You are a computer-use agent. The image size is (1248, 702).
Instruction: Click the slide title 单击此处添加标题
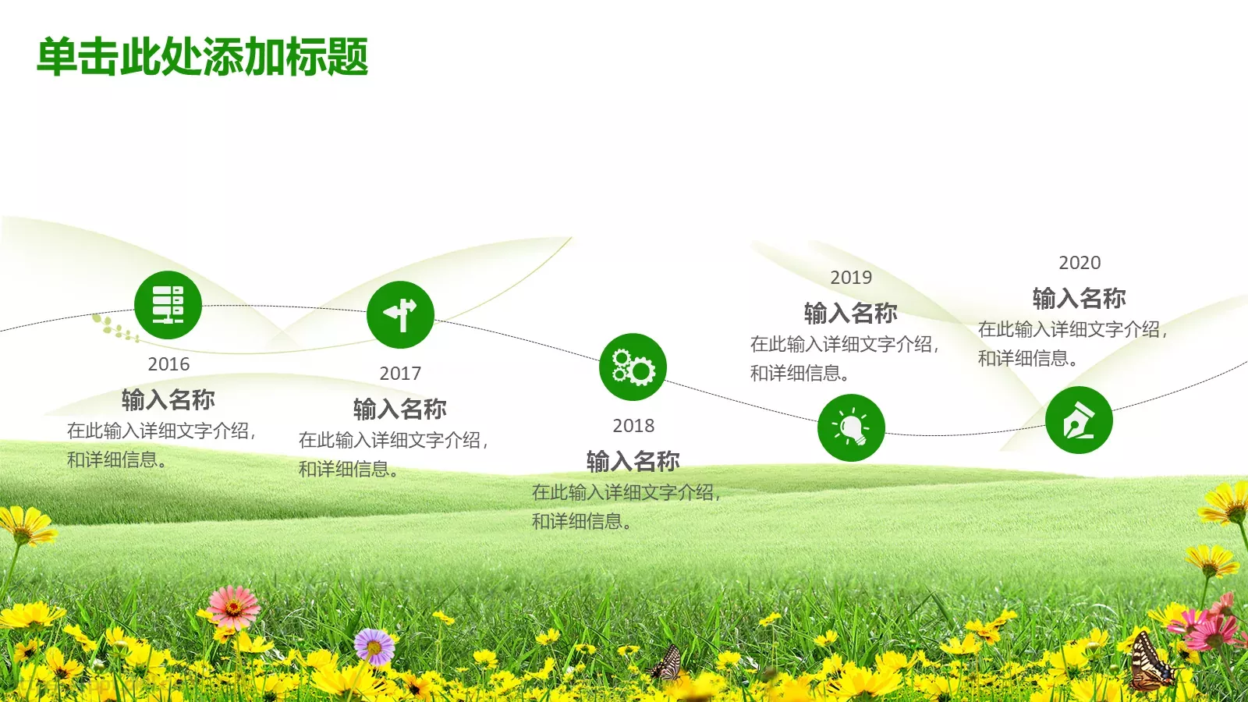click(202, 56)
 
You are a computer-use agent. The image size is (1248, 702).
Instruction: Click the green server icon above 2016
click(168, 305)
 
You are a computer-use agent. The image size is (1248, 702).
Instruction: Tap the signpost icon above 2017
click(400, 315)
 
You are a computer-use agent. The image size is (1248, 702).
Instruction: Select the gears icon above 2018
click(633, 367)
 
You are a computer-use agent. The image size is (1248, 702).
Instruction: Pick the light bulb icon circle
click(851, 427)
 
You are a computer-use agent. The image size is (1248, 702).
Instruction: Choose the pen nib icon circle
click(1079, 420)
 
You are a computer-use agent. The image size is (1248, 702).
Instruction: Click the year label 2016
click(168, 363)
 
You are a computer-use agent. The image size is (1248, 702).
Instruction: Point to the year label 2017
click(400, 374)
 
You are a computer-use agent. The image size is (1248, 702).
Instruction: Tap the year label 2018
click(633, 426)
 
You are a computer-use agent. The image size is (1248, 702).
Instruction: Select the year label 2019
click(851, 278)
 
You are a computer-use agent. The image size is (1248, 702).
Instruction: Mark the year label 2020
click(1080, 262)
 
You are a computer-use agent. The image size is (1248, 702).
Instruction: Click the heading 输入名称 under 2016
click(168, 399)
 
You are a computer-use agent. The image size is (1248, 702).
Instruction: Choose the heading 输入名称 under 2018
click(633, 461)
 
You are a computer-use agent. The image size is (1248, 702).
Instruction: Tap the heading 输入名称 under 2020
click(1080, 298)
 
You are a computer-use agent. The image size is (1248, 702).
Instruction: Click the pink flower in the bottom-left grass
click(233, 608)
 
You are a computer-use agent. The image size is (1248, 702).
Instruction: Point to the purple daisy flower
click(374, 647)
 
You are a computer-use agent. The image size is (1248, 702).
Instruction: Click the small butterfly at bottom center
click(668, 663)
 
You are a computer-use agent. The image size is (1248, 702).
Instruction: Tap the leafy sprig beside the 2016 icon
click(115, 328)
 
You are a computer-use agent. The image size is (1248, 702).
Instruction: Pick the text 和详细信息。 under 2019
click(800, 373)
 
